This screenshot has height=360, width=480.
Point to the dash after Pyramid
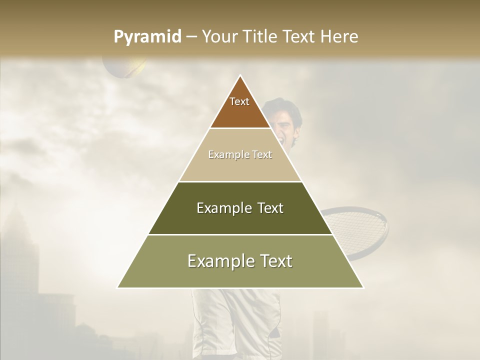[x=191, y=37]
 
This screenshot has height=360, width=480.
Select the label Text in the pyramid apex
[x=239, y=101]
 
